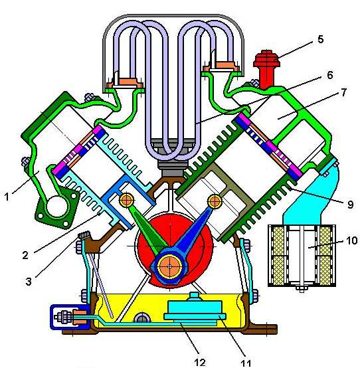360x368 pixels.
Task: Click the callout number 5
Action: tap(321, 39)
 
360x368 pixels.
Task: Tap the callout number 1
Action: tap(7, 197)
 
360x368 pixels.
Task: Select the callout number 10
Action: tap(351, 240)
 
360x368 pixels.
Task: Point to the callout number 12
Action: tap(200, 363)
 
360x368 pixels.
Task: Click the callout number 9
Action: tap(350, 205)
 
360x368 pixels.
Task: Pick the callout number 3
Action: tap(28, 282)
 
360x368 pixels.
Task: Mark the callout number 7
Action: tap(344, 92)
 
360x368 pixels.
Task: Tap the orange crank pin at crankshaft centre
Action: tap(169, 266)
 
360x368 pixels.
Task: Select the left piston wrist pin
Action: tap(127, 200)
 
